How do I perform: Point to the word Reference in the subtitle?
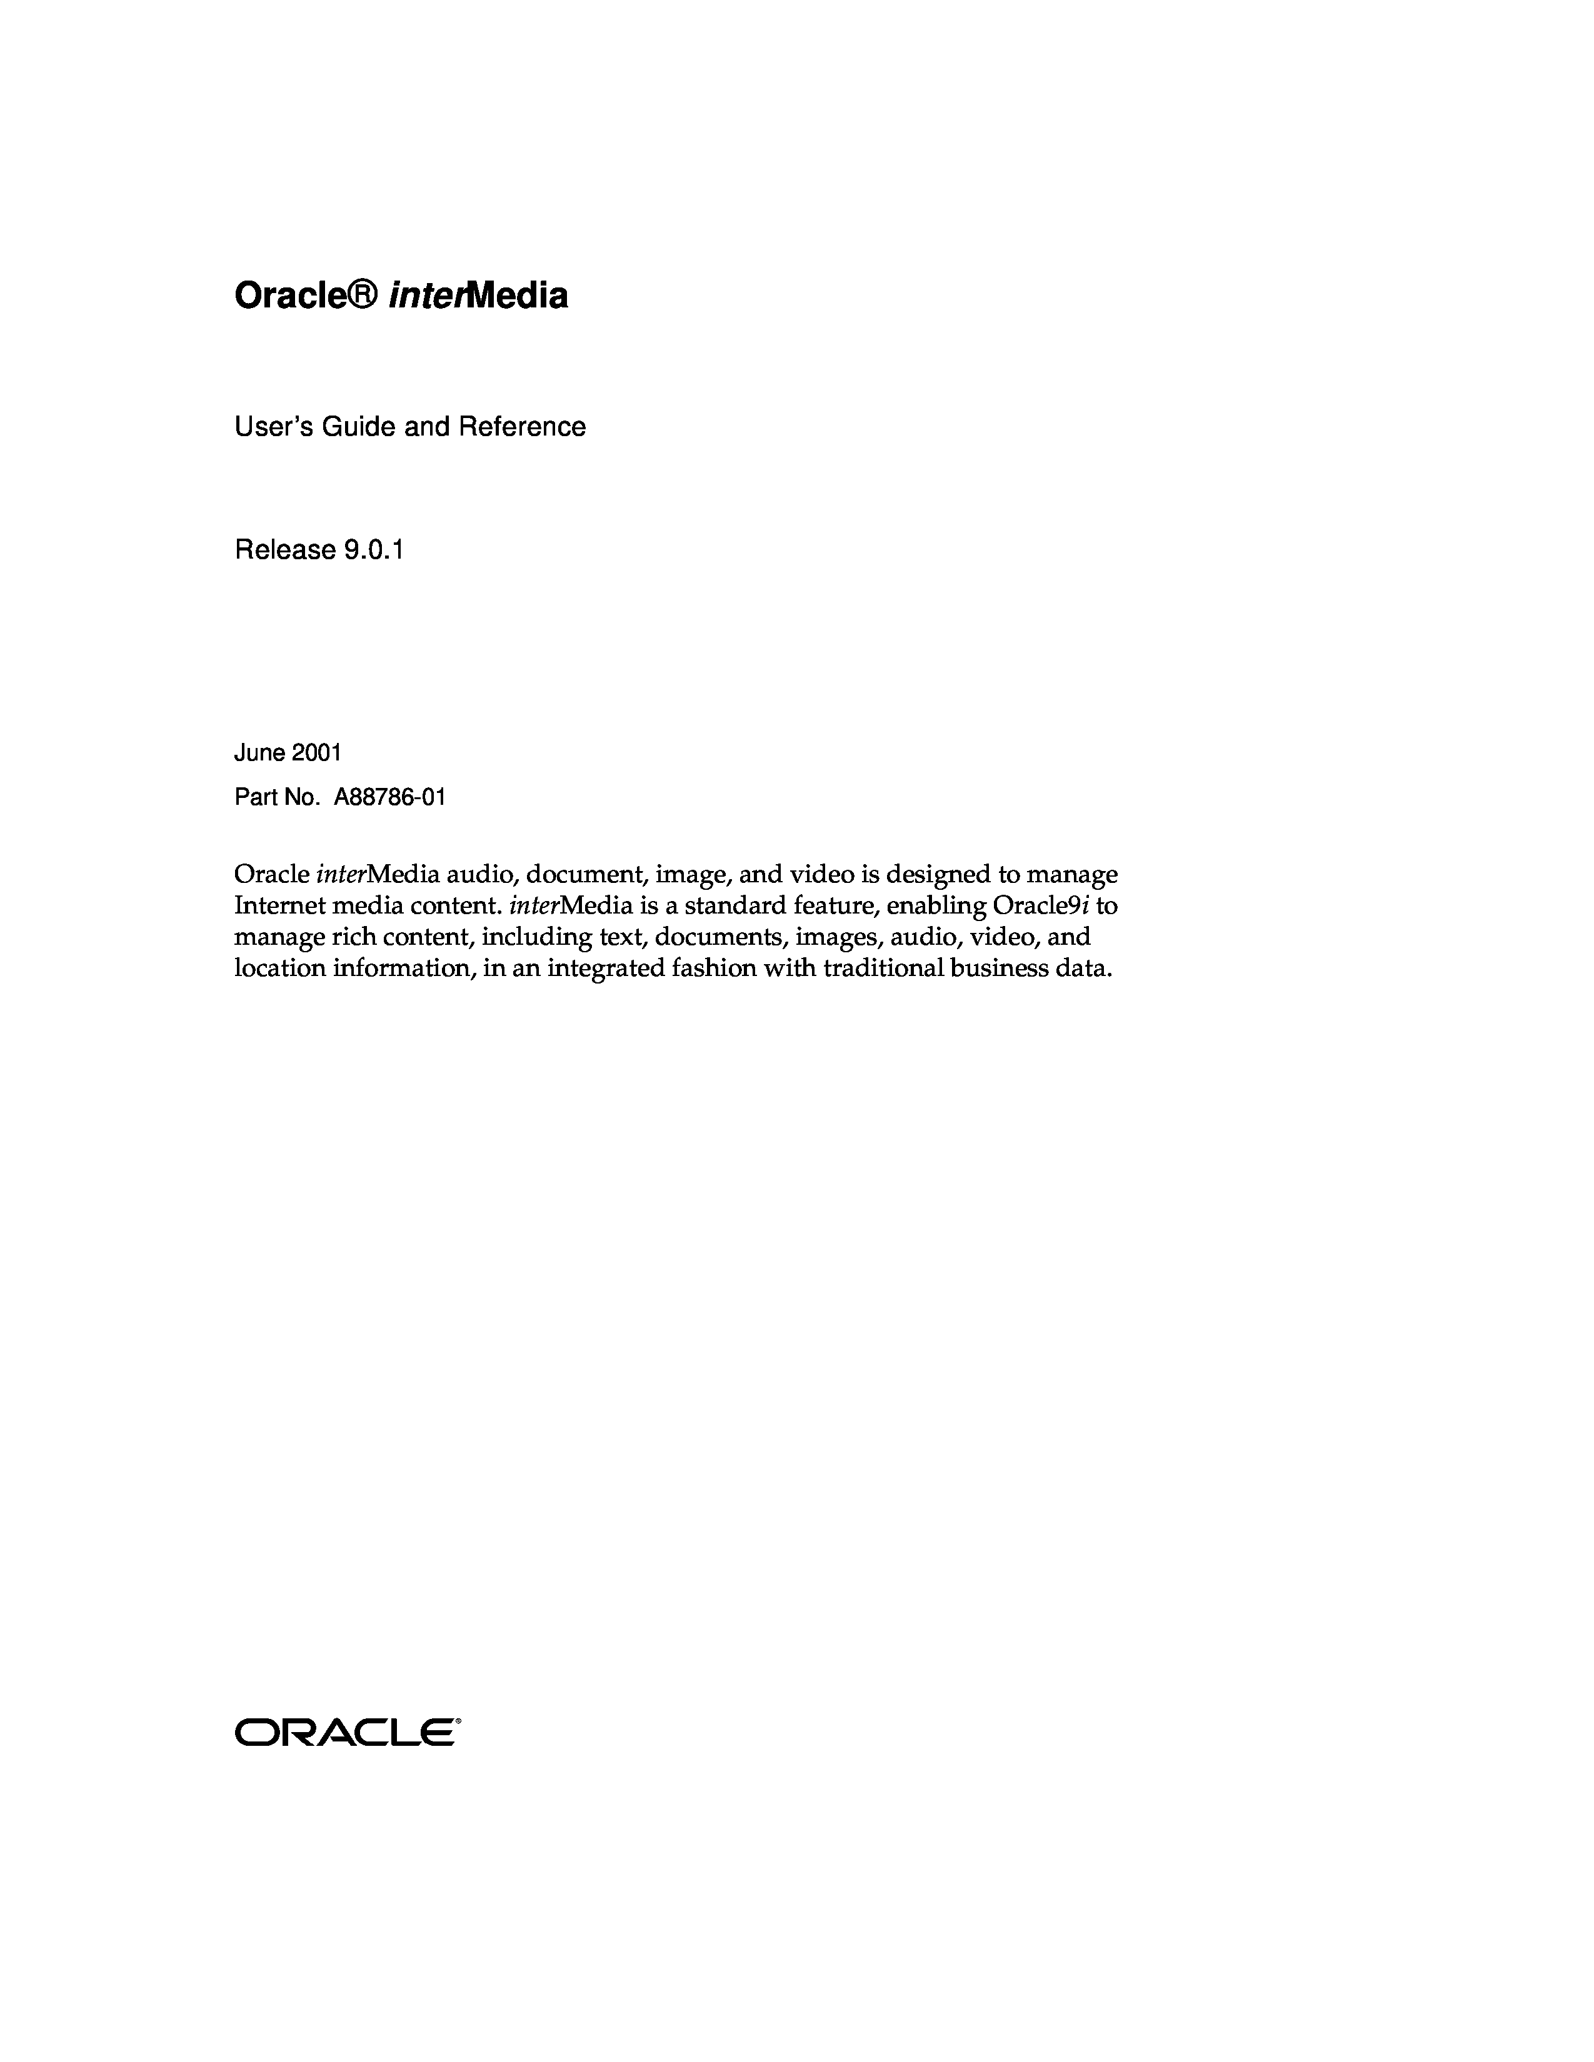click(x=522, y=427)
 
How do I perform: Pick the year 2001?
click(x=316, y=752)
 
